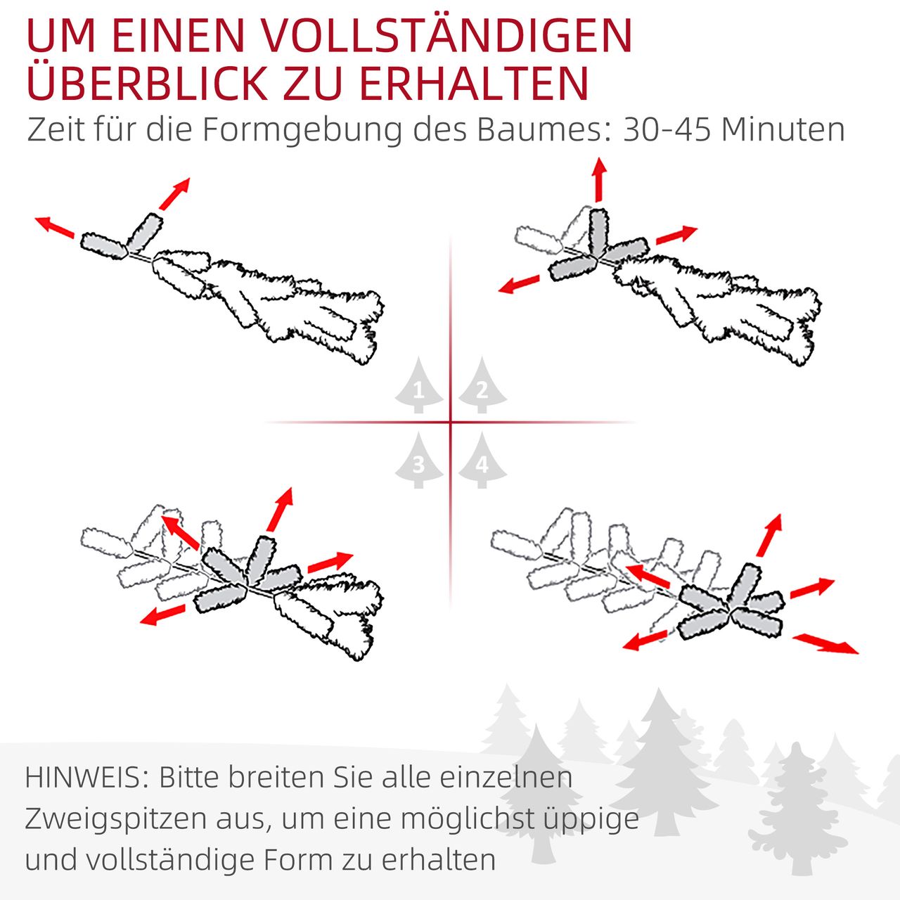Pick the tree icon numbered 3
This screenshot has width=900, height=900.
click(x=419, y=461)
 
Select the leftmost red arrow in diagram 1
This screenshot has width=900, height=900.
click(x=55, y=227)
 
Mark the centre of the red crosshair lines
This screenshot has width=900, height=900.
click(x=451, y=423)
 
